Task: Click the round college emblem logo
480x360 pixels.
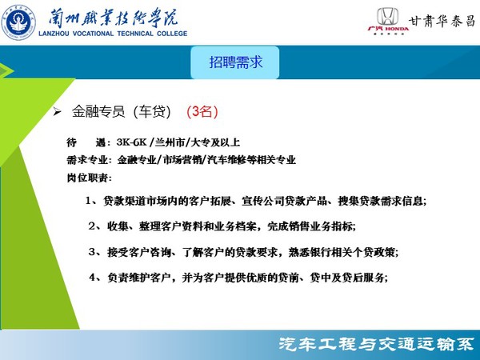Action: click(18, 22)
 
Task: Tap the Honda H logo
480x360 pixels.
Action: click(387, 16)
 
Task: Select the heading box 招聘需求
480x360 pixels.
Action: click(235, 62)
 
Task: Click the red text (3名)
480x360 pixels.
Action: click(202, 112)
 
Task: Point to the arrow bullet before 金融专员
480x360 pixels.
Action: click(57, 112)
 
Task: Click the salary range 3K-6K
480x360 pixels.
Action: click(132, 142)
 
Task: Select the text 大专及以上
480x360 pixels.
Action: click(215, 142)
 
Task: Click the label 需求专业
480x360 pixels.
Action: click(87, 160)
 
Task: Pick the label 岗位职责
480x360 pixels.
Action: click(87, 178)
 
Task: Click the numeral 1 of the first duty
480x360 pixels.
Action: click(88, 201)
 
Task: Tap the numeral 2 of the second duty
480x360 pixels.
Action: click(91, 226)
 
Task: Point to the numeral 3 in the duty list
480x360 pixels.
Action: click(91, 252)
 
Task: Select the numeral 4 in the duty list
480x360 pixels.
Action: click(92, 278)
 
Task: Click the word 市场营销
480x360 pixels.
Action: click(182, 160)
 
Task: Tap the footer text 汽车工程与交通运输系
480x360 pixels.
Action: click(376, 345)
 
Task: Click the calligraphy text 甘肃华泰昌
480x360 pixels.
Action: click(442, 21)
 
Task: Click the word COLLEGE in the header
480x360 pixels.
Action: click(172, 34)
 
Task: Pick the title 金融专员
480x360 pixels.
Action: click(98, 112)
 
